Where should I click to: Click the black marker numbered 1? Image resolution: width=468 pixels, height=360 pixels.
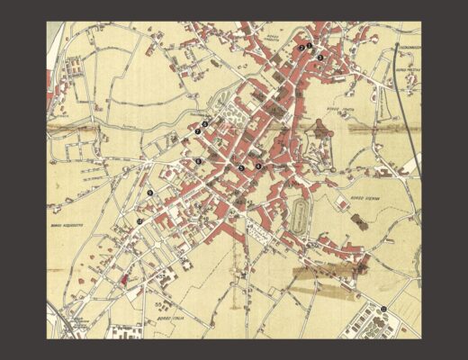(x=309, y=44)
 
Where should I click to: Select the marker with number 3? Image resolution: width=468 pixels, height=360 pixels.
(x=319, y=58)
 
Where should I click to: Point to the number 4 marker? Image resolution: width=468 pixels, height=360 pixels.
(x=259, y=166)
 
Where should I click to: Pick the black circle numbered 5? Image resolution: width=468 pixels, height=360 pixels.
(x=241, y=167)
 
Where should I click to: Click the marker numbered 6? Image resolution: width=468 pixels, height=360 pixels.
(x=205, y=123)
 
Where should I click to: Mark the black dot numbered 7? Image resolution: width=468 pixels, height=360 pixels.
(x=197, y=133)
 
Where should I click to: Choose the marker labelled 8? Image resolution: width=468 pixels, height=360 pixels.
(x=198, y=161)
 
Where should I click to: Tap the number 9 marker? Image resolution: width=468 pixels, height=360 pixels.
(x=149, y=193)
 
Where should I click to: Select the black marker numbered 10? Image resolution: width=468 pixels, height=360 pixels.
(x=139, y=221)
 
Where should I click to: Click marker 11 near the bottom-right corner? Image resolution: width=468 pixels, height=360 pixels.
(x=383, y=309)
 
